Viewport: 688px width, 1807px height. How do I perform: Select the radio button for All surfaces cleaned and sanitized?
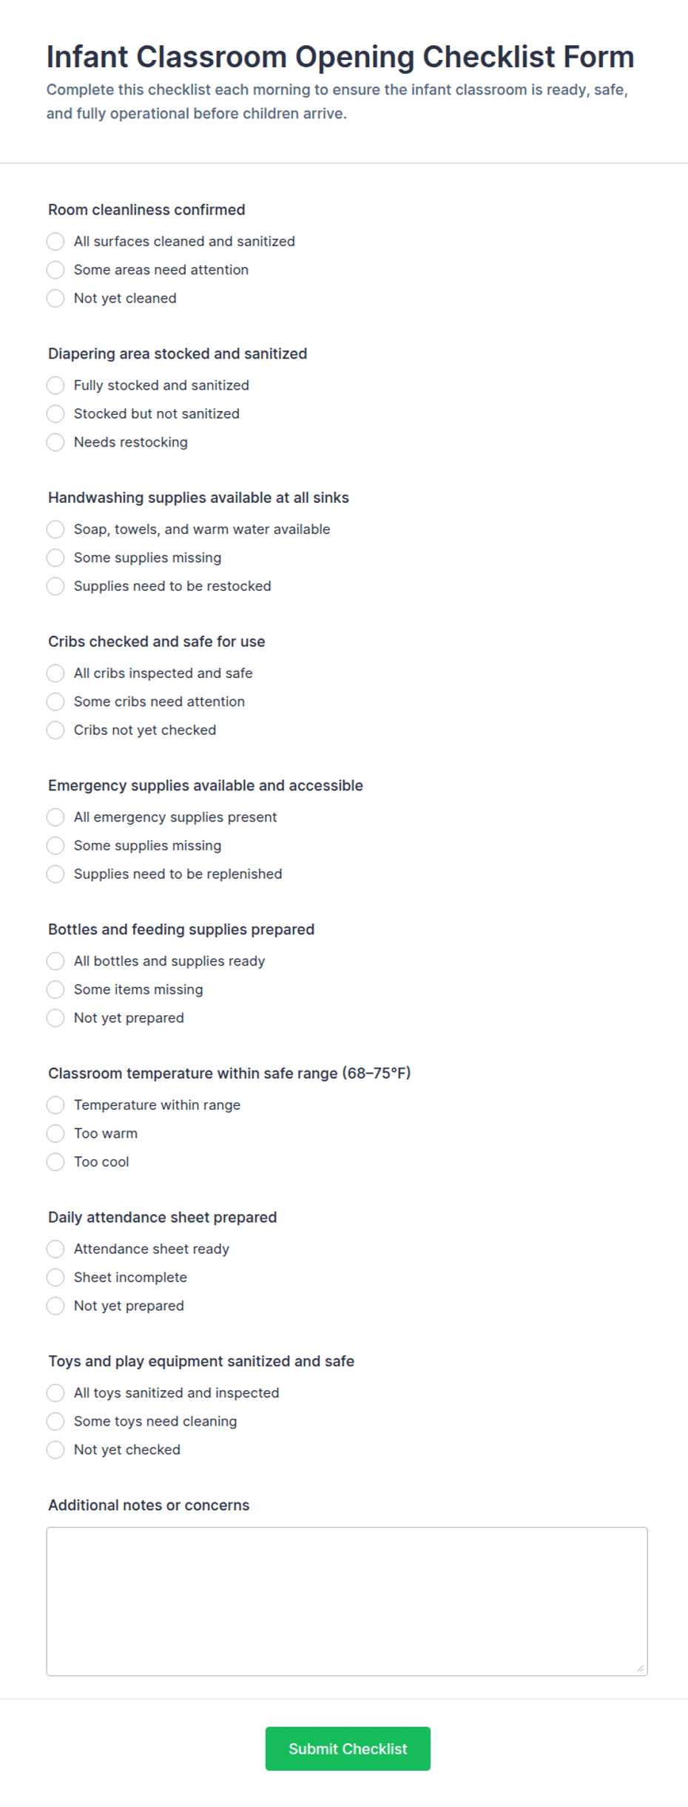coord(55,242)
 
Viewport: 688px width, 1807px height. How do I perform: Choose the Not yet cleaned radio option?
coord(55,299)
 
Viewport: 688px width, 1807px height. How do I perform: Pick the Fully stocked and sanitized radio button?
coord(55,385)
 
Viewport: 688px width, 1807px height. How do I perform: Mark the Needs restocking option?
coord(55,442)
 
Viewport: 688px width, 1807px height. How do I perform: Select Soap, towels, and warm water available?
coord(55,529)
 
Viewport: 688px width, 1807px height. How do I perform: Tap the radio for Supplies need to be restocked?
coord(55,586)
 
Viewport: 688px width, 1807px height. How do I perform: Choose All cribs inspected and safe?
coord(55,674)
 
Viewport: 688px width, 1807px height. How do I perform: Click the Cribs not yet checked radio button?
coord(55,730)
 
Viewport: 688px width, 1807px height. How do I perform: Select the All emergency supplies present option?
coord(55,817)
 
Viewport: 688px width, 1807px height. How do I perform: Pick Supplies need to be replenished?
coord(55,874)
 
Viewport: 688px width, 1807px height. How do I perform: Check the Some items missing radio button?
coord(55,989)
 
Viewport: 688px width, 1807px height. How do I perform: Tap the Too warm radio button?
coord(55,1133)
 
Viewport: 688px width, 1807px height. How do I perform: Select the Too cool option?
coord(55,1162)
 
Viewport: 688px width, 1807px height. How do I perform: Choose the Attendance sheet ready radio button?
coord(55,1249)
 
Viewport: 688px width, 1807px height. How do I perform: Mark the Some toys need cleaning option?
coord(55,1421)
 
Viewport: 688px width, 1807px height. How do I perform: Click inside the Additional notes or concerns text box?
coord(346,1601)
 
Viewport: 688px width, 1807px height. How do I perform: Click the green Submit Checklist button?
coord(348,1749)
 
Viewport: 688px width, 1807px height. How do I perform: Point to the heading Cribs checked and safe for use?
coord(156,642)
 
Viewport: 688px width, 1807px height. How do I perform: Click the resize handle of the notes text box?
coord(640,1669)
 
